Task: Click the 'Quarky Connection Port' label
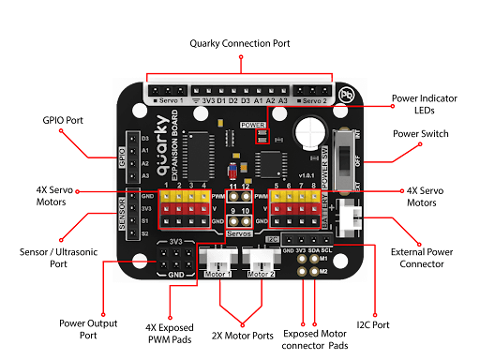240,44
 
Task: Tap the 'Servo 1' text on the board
170,97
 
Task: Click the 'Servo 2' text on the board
311,97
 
